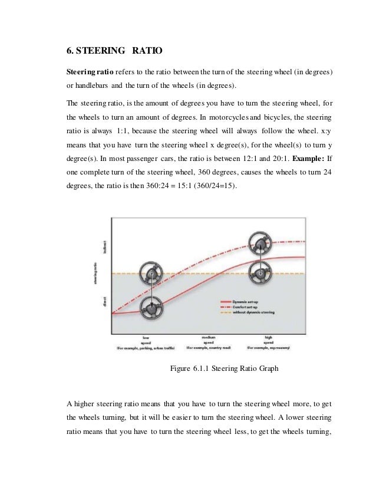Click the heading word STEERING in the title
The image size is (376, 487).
pyautogui.click(x=101, y=49)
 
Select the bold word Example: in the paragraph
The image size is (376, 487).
pyautogui.click(x=306, y=159)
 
